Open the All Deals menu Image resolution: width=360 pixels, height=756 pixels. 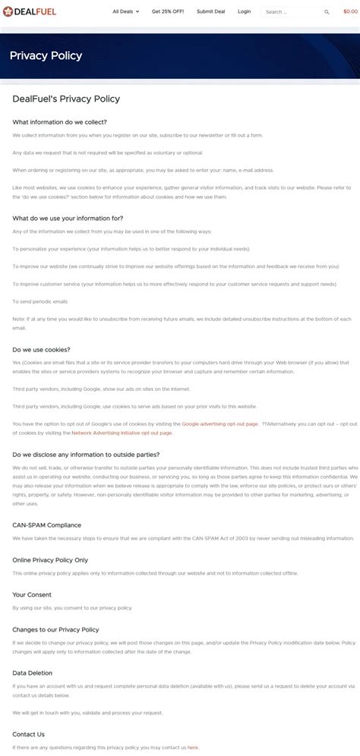click(x=125, y=11)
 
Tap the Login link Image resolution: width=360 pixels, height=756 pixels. click(x=244, y=11)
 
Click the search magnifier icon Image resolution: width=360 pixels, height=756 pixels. click(x=327, y=12)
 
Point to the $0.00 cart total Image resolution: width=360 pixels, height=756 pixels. click(x=350, y=11)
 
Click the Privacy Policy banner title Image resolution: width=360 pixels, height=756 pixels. click(x=46, y=56)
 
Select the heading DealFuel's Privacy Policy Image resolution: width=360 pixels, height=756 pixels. click(x=66, y=99)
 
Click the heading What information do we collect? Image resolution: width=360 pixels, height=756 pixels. click(x=59, y=121)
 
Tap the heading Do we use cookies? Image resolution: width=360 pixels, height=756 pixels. click(x=41, y=350)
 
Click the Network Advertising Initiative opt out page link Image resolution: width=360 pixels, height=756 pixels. click(x=122, y=433)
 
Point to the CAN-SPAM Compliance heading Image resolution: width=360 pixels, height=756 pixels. click(x=46, y=524)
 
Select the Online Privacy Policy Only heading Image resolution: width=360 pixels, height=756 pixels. click(x=50, y=559)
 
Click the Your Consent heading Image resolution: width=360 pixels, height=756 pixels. click(x=32, y=594)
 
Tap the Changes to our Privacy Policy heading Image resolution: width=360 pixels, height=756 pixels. click(x=55, y=629)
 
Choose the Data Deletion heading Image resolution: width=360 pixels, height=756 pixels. click(x=32, y=673)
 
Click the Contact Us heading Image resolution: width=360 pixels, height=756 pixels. click(x=28, y=734)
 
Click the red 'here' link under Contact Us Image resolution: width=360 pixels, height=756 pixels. click(x=193, y=748)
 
